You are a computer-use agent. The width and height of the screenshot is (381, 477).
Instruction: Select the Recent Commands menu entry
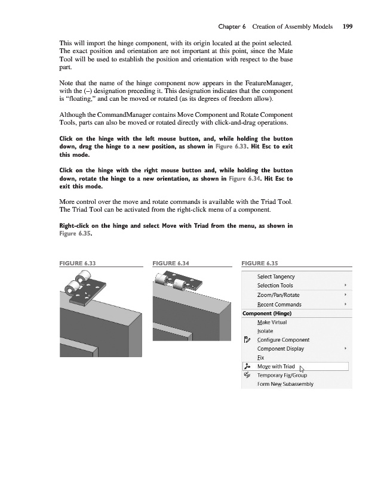279,304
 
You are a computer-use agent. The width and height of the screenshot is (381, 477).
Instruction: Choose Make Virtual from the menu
272,322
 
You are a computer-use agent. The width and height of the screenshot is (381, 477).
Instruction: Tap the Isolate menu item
265,331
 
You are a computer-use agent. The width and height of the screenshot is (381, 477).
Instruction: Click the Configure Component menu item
283,340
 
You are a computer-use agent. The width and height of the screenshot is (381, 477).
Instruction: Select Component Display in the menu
280,349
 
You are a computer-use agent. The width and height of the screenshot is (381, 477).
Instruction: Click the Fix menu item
260,358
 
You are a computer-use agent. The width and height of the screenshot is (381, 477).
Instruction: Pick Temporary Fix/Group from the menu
281,376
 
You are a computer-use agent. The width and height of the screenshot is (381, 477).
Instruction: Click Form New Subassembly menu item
285,385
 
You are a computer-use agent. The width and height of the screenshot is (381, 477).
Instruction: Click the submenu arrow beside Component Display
346,349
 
